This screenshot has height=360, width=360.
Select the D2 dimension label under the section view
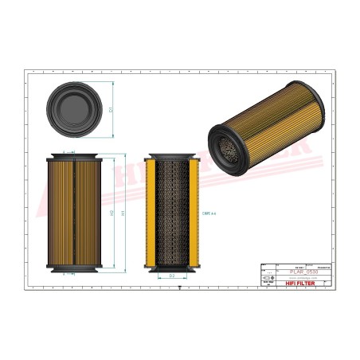172,276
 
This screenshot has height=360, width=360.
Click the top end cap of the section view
173,156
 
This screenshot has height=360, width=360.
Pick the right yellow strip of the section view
194,212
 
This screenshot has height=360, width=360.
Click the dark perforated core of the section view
173,212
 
